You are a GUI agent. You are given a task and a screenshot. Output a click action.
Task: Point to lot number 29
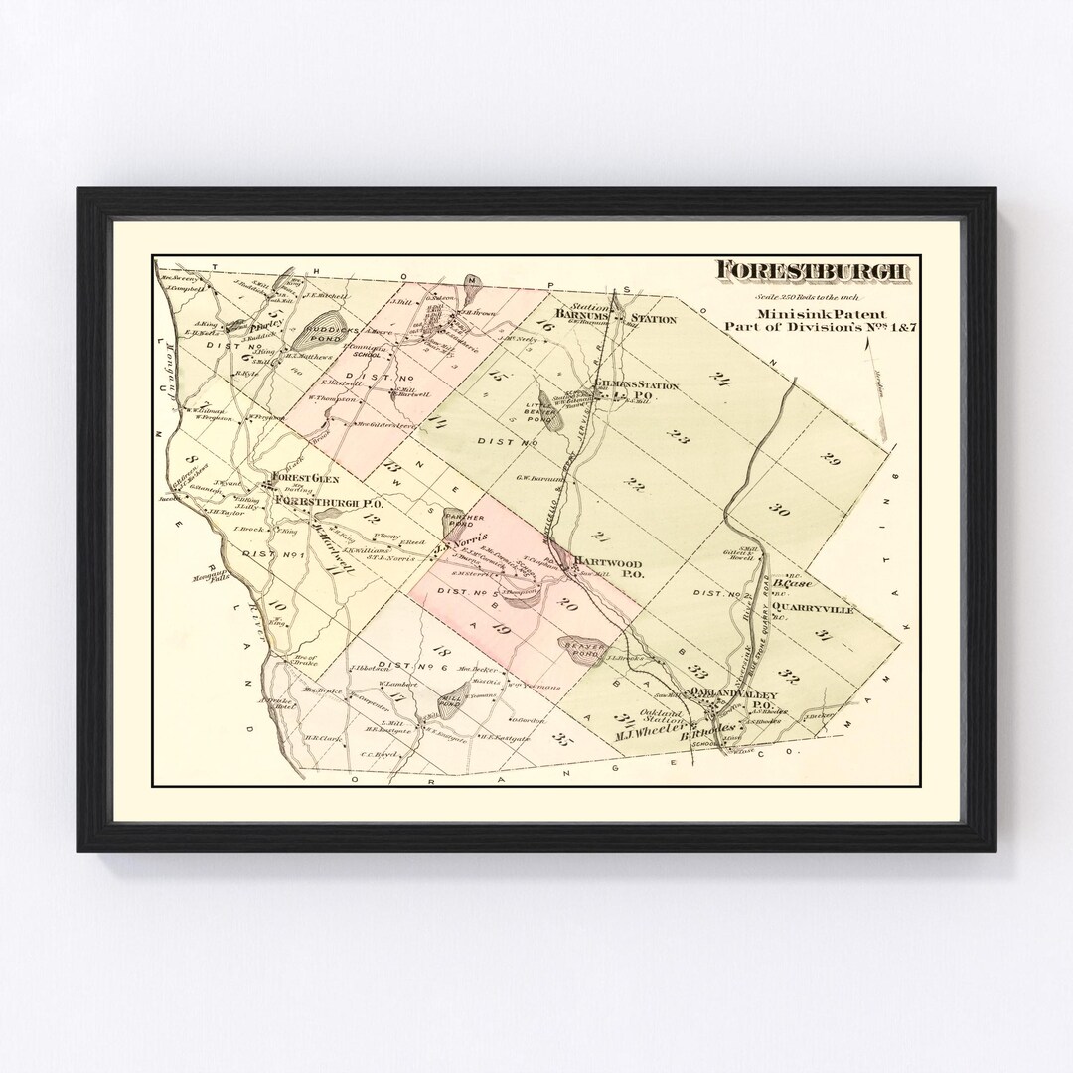point(831,458)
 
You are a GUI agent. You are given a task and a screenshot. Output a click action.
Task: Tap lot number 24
point(721,378)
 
